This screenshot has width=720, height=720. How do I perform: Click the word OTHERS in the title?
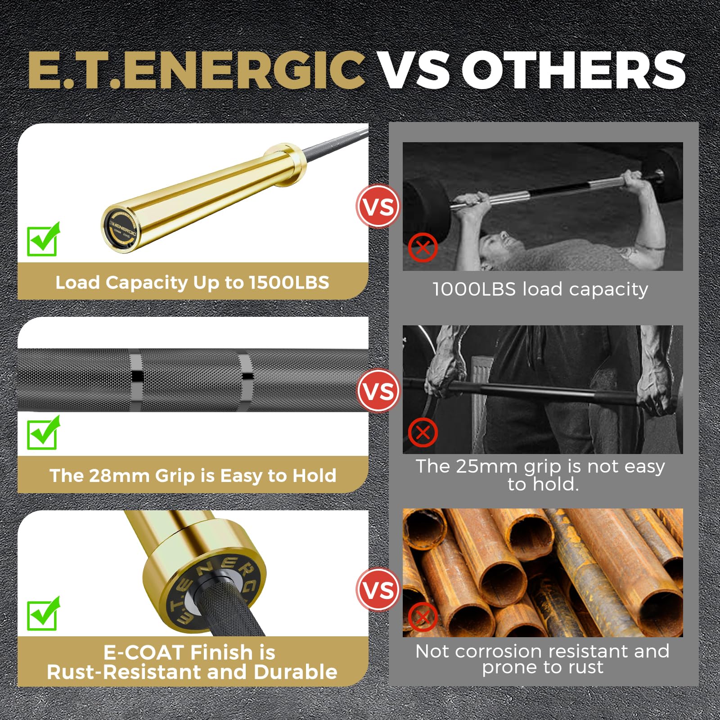pyautogui.click(x=573, y=70)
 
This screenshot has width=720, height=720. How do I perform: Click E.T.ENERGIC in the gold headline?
pyautogui.click(x=196, y=70)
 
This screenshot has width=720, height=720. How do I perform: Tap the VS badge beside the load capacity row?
pyautogui.click(x=378, y=207)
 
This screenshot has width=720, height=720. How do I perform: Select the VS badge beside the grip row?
pyautogui.click(x=378, y=391)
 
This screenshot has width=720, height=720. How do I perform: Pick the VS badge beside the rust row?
pyautogui.click(x=378, y=589)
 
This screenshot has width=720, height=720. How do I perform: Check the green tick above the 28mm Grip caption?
pyautogui.click(x=43, y=432)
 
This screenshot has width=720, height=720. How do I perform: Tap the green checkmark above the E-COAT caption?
pyautogui.click(x=43, y=613)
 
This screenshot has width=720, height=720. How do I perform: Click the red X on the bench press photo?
pyautogui.click(x=423, y=247)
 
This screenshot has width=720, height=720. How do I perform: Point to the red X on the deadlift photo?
pyautogui.click(x=423, y=433)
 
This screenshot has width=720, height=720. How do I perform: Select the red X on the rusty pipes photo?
pyautogui.click(x=423, y=617)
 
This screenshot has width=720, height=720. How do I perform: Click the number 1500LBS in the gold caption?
pyautogui.click(x=289, y=283)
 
